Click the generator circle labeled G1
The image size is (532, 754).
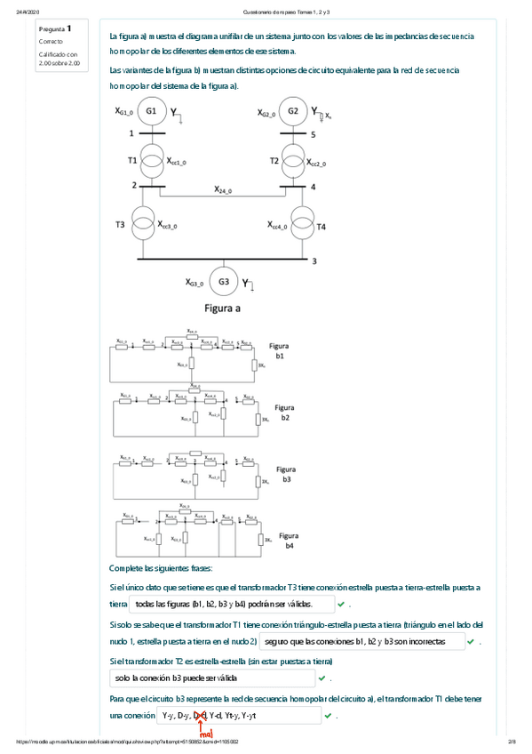(x=151, y=112)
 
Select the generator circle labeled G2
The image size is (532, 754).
(x=293, y=112)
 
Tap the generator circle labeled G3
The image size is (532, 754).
(x=224, y=282)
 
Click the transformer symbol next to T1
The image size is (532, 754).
(x=151, y=161)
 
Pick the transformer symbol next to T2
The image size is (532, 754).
(x=293, y=161)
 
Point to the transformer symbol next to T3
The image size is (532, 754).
(x=142, y=224)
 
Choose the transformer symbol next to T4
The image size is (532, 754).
(x=303, y=224)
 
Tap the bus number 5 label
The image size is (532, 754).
(x=313, y=133)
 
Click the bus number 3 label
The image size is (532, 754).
(x=314, y=261)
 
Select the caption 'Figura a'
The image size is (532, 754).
(x=223, y=309)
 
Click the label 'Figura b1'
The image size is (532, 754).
(x=279, y=349)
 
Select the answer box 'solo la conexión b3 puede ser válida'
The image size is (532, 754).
(x=213, y=678)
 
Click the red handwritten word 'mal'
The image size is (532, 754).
(x=205, y=734)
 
